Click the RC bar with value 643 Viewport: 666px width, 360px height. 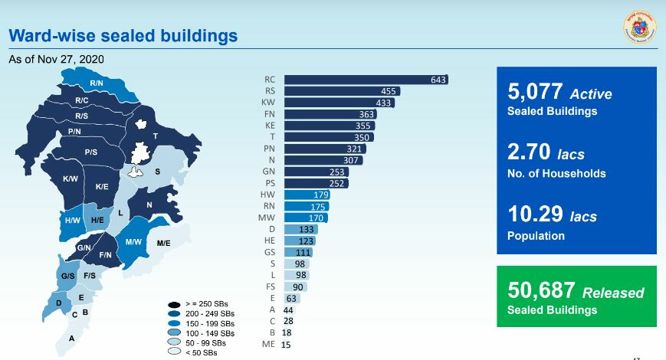tap(366, 79)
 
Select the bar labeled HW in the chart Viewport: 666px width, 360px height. tap(307, 195)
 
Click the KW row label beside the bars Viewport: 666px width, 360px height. tap(270, 103)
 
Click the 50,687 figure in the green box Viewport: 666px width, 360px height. tap(540, 291)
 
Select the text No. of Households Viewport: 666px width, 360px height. tap(556, 173)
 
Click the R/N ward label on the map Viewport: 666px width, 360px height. tap(97, 83)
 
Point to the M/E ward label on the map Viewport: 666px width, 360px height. tap(163, 243)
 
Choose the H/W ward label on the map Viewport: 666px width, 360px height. tap(72, 221)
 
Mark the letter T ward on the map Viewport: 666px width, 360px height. tap(156, 136)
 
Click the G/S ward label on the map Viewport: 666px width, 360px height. tap(66, 275)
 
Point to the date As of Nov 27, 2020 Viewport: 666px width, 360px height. tap(56, 59)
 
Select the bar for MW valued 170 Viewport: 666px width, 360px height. tap(307, 218)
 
